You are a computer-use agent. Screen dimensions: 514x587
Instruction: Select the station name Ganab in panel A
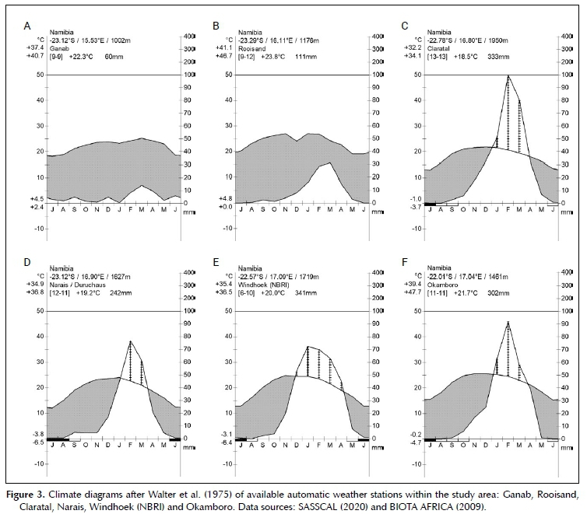click(58, 47)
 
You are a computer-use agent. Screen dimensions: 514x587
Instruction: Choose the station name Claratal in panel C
click(436, 47)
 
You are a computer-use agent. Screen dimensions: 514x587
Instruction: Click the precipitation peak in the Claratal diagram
click(508, 75)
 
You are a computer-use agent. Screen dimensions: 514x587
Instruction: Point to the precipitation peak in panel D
click(130, 341)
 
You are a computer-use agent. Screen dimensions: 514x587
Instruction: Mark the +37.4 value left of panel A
click(34, 47)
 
